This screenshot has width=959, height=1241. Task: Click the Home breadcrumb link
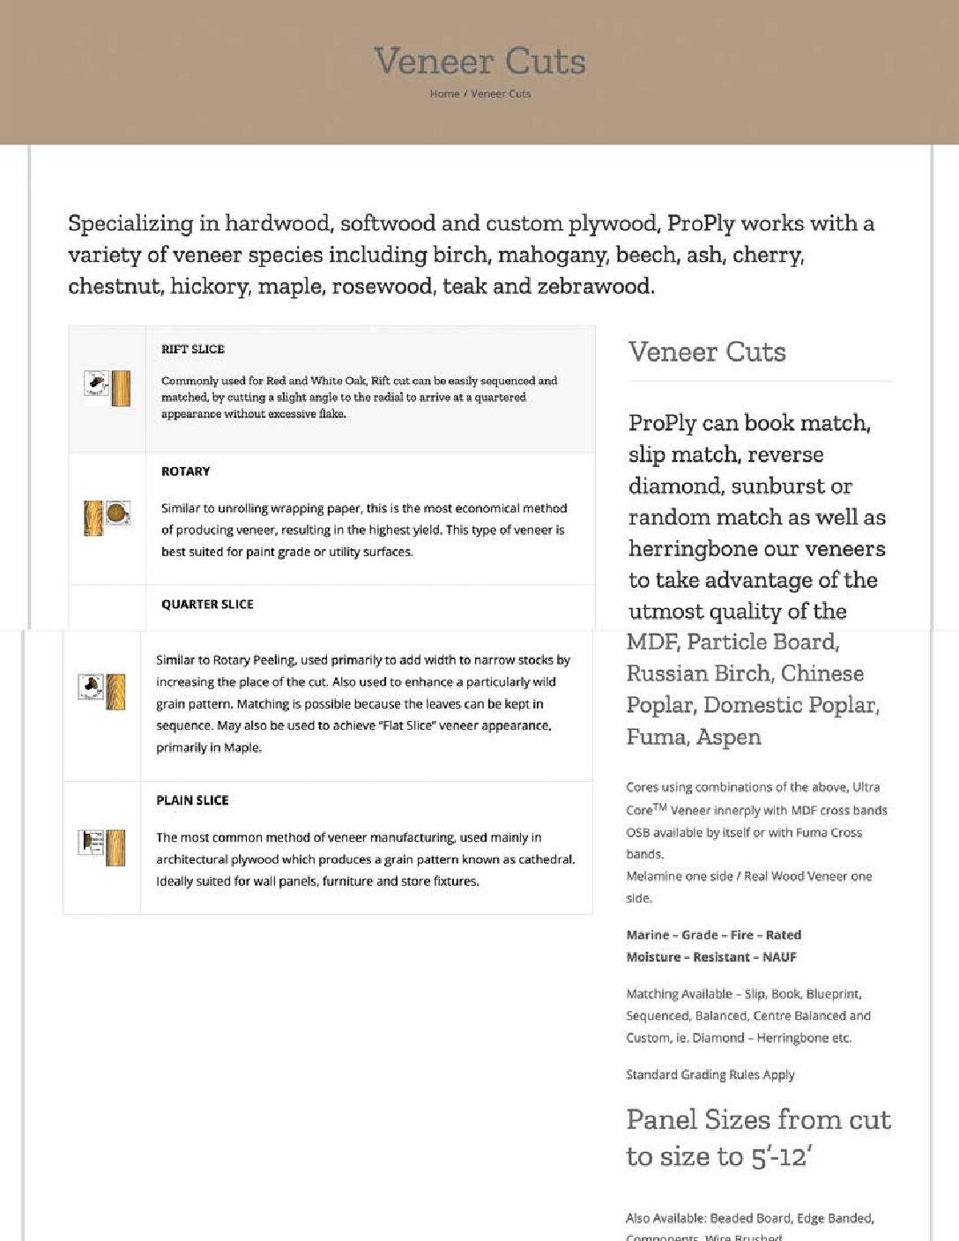click(444, 93)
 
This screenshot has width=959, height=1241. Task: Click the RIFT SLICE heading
click(193, 349)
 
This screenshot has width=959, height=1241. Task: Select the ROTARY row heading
click(185, 472)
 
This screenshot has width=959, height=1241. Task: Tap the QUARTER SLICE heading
click(207, 605)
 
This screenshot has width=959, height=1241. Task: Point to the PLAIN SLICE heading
click(192, 800)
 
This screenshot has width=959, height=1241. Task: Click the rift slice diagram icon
click(108, 388)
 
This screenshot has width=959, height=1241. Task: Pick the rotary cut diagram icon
click(108, 517)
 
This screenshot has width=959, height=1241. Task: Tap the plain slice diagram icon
click(102, 846)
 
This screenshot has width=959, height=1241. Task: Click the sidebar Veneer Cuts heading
click(707, 352)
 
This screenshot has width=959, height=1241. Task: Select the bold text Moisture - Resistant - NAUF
click(711, 957)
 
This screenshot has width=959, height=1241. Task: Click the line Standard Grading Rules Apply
click(710, 1074)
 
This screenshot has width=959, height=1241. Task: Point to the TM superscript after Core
click(659, 806)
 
